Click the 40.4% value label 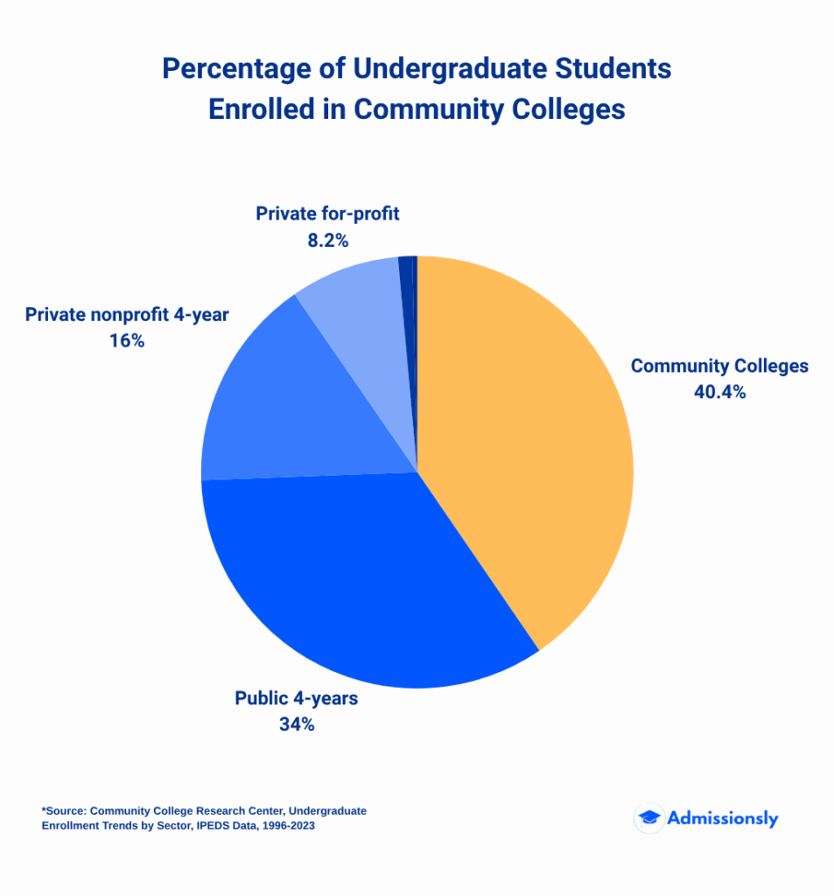tap(719, 392)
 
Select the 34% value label tap(296, 724)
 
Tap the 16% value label tap(127, 340)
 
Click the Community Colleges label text tap(719, 366)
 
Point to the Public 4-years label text tap(296, 698)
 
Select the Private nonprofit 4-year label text tap(127, 314)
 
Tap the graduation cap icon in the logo tap(648, 818)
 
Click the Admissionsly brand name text tap(722, 818)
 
